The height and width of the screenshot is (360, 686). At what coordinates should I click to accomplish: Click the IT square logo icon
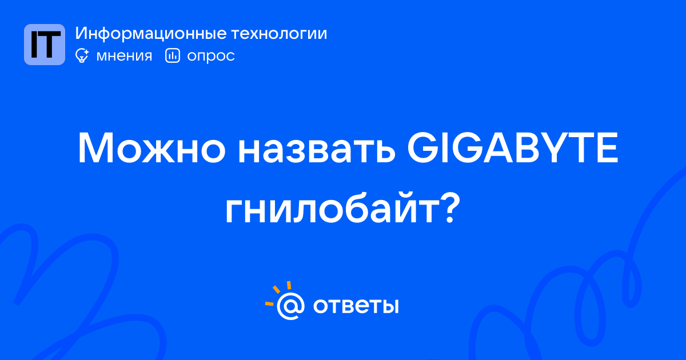pyautogui.click(x=45, y=45)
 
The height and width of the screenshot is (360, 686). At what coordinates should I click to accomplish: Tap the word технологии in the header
pyautogui.click(x=280, y=34)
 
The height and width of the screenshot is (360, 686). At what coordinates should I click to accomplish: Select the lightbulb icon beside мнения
pyautogui.click(x=82, y=55)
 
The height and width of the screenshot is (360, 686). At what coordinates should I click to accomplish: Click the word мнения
pyautogui.click(x=124, y=56)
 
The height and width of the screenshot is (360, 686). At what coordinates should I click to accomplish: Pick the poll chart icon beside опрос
pyautogui.click(x=173, y=55)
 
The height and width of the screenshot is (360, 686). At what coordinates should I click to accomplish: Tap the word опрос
pyautogui.click(x=211, y=57)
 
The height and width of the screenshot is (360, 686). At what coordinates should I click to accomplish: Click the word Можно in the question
pyautogui.click(x=152, y=148)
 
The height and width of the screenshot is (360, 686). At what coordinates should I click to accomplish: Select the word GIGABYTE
pyautogui.click(x=513, y=148)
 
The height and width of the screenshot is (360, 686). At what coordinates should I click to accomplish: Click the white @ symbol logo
pyautogui.click(x=290, y=306)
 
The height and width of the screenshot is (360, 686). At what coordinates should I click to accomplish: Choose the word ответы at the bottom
pyautogui.click(x=356, y=306)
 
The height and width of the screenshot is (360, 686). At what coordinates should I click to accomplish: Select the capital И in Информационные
pyautogui.click(x=82, y=33)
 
